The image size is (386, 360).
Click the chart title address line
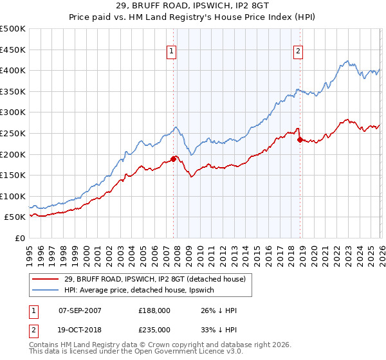point(193,7)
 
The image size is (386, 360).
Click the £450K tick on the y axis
point(13,50)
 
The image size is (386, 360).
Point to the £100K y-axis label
point(13,196)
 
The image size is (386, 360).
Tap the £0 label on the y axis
point(20,238)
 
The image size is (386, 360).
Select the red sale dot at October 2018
point(300,139)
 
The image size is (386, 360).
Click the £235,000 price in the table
point(154,329)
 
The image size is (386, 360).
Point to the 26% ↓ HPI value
point(219,310)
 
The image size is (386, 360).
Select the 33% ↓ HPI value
point(219,329)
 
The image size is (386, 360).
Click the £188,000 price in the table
point(154,310)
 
